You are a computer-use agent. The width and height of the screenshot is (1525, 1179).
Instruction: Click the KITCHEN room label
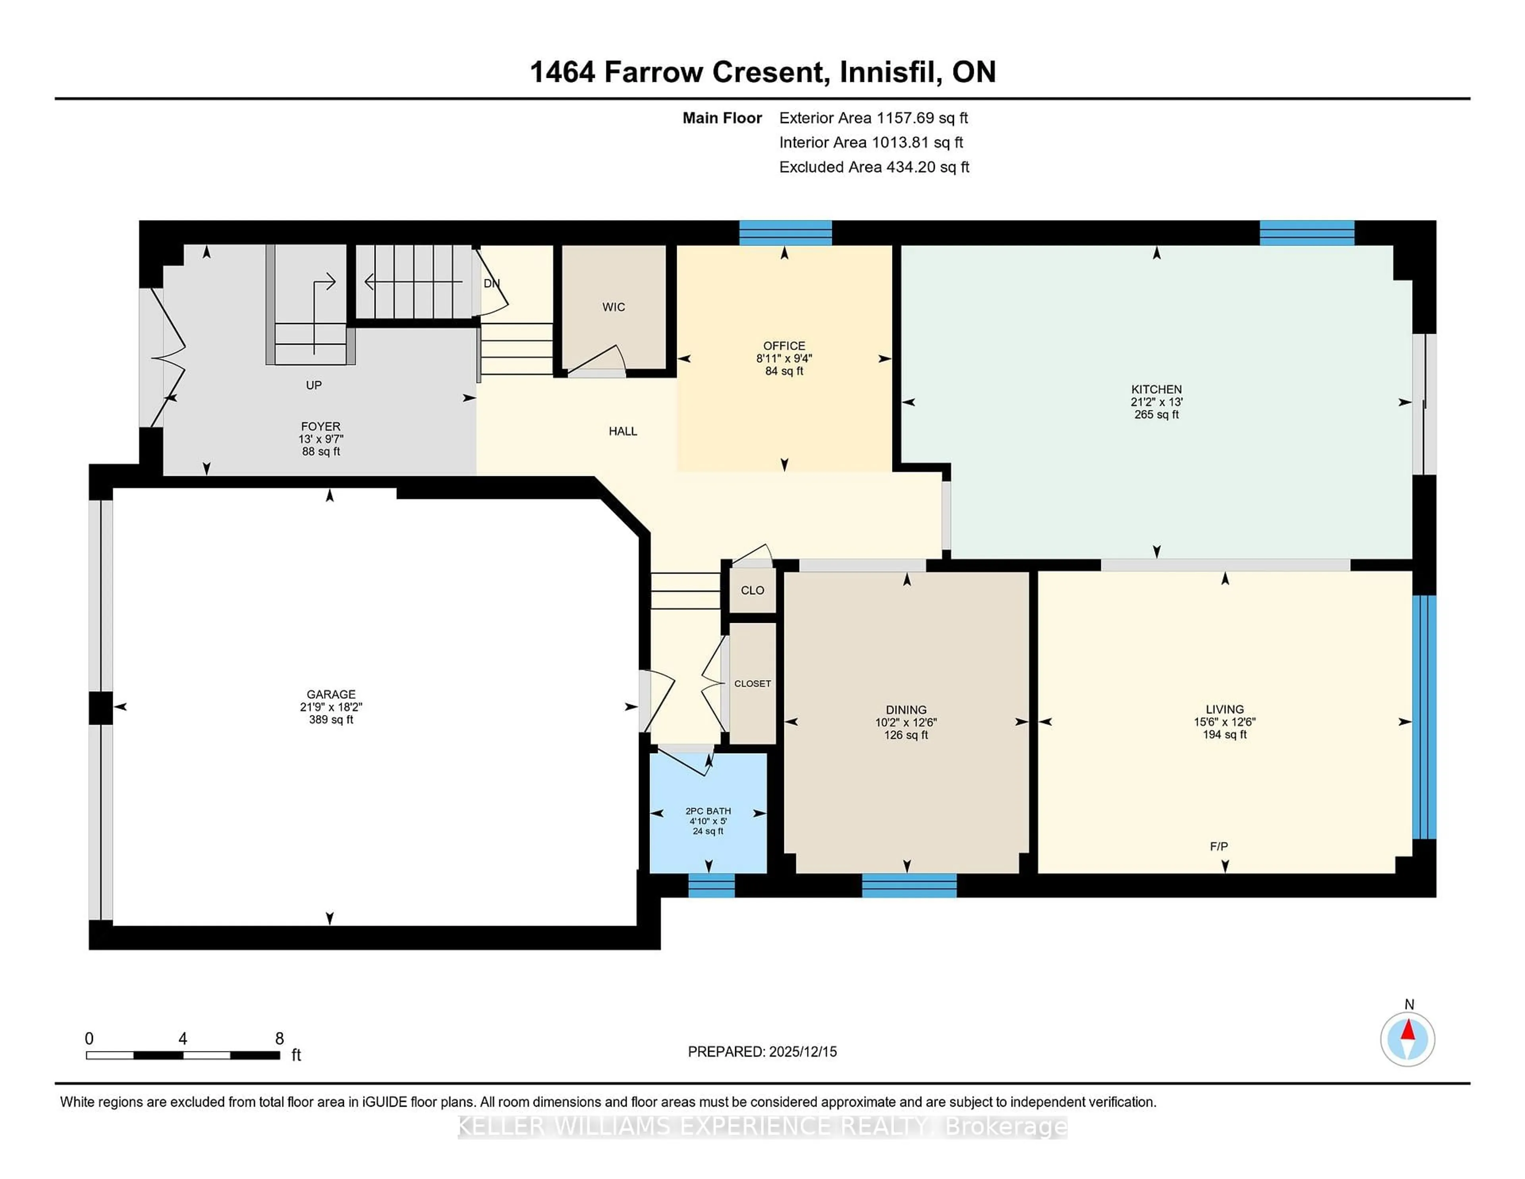point(1156,389)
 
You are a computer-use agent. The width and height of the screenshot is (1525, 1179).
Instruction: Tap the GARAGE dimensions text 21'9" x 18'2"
point(331,707)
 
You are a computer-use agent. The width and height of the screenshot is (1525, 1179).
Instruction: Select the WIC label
point(614,307)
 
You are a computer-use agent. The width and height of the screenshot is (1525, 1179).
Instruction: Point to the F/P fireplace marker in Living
point(1218,846)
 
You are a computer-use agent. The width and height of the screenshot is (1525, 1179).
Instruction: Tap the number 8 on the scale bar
point(279,1039)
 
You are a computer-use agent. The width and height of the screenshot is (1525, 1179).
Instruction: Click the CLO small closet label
point(752,590)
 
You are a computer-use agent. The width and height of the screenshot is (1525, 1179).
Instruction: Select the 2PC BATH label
point(708,811)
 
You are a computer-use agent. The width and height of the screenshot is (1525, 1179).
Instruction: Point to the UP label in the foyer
point(313,385)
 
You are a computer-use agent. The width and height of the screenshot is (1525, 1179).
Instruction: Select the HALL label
point(622,431)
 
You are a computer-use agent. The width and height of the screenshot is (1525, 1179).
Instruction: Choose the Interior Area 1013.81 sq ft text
point(871,143)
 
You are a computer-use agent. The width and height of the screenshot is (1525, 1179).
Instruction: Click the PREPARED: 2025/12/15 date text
point(762,1051)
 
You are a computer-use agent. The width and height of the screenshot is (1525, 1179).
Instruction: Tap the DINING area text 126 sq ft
point(905,735)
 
